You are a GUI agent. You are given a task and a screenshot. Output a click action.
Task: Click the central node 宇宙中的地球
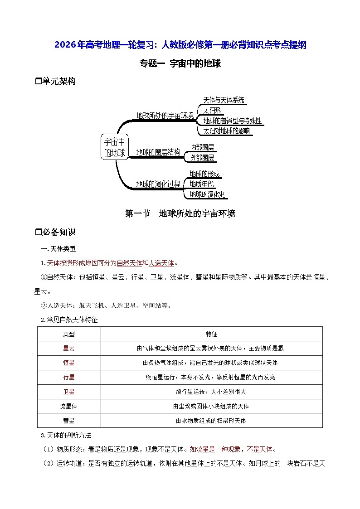click(114, 147)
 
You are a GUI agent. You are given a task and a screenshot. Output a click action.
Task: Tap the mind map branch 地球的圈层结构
click(158, 152)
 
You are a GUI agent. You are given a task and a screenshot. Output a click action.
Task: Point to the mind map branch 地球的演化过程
click(158, 184)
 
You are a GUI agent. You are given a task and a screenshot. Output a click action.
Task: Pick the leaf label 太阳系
click(212, 111)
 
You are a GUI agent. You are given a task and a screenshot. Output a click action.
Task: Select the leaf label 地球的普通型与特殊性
click(232, 121)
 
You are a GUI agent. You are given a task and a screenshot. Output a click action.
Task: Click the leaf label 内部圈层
click(202, 147)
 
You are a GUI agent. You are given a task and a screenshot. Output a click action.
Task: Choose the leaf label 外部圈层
click(202, 158)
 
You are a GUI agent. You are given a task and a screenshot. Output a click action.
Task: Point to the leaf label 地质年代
click(202, 184)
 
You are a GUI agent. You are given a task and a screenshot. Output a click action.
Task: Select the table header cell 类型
click(69, 334)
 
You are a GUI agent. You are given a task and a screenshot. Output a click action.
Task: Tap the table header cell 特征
click(211, 334)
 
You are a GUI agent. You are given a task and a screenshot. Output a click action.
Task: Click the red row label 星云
click(69, 349)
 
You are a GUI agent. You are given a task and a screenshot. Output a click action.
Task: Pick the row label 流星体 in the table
click(69, 406)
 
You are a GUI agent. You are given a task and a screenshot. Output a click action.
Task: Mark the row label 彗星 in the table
click(69, 421)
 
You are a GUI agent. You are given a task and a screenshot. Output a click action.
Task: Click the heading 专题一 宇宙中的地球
click(180, 64)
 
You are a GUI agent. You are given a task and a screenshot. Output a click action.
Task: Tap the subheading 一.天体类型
click(59, 249)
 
